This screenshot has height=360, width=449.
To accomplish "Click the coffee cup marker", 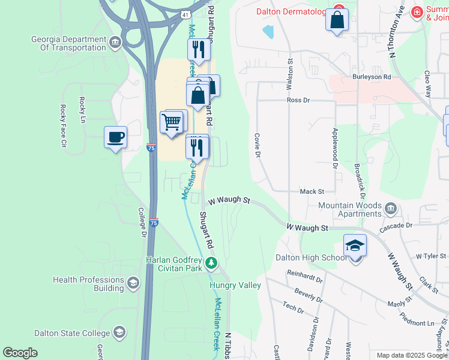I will (115, 137).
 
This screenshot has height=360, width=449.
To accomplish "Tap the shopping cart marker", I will (172, 122).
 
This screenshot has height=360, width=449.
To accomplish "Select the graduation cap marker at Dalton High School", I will (355, 246).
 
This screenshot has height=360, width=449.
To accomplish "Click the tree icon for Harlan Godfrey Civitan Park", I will (211, 263).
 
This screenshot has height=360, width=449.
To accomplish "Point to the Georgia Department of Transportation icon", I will (116, 42).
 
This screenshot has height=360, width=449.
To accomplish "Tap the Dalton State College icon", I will (119, 332).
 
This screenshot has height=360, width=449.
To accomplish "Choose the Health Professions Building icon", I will (133, 283).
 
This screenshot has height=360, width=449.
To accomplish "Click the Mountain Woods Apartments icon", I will (391, 209).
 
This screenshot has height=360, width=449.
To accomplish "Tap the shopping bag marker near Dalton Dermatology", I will (337, 19).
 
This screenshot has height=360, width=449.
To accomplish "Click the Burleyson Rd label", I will (372, 77).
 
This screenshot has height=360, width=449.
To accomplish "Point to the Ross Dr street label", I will (298, 100).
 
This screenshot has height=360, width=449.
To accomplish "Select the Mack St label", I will (312, 191).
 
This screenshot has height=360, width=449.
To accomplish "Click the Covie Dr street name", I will (257, 145).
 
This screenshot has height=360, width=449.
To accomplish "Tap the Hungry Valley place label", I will (235, 286).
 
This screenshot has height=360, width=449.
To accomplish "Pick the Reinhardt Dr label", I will (305, 276).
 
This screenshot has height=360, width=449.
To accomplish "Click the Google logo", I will (20, 353).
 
